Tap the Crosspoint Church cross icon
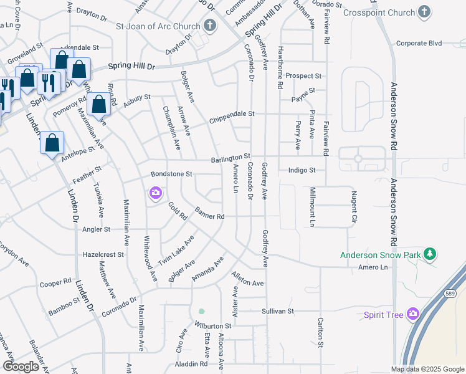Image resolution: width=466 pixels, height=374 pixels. click(424, 12)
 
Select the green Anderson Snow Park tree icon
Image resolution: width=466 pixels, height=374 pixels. click(429, 254)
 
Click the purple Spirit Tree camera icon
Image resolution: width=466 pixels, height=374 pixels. click(412, 314)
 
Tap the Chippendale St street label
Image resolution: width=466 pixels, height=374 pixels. click(232, 114)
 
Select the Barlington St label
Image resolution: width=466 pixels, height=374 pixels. click(230, 158)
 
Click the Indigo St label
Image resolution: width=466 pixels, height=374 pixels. click(302, 170)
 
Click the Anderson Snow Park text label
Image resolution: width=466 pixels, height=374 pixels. click(380, 254)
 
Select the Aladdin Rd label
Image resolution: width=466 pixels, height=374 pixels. click(191, 363)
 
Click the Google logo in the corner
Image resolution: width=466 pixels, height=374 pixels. click(21, 367)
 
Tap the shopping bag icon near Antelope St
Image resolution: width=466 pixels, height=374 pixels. click(52, 142)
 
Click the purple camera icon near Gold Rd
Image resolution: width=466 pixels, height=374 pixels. click(155, 194)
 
